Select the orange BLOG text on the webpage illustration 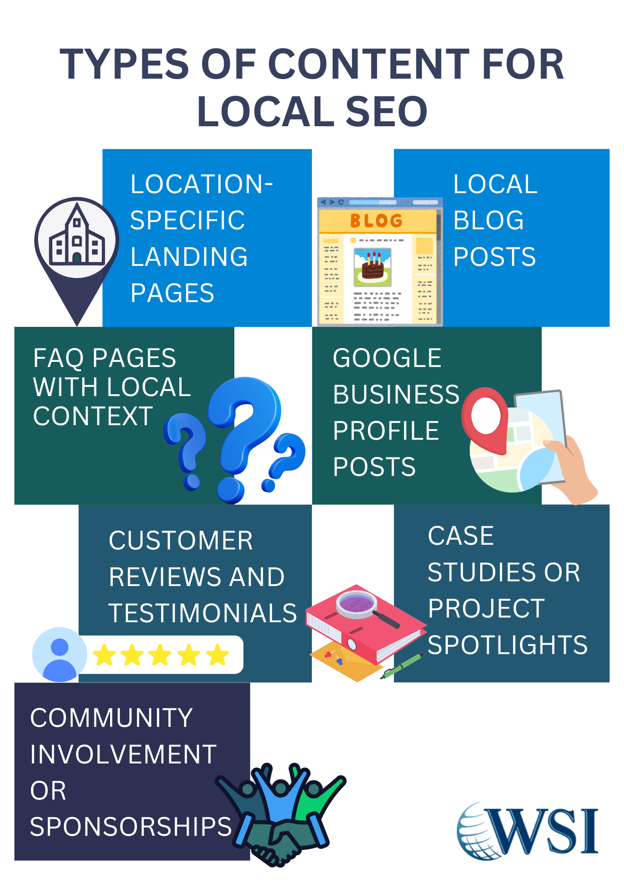pos(376,221)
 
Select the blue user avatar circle pos(59,654)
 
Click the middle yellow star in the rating pos(160,655)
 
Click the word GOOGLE pos(387,358)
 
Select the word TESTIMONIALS pos(202,613)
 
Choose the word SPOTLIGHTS pos(507,645)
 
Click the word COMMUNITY pos(111,718)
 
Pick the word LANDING pos(189,257)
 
